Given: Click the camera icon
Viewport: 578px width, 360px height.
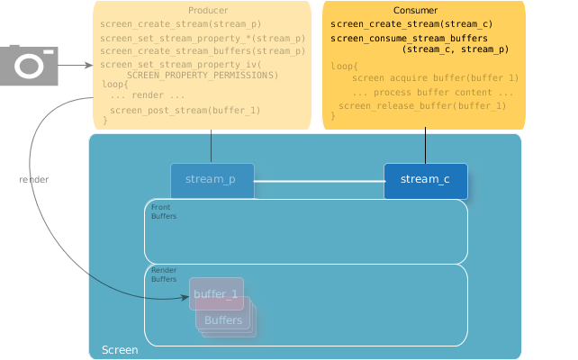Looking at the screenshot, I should (29, 66).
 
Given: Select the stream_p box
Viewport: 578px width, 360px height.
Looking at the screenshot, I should (212, 180).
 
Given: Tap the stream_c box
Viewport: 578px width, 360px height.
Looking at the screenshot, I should (425, 180).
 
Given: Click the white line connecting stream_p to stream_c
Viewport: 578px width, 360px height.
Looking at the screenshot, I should (319, 181).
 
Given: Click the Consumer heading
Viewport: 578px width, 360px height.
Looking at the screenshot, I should (423, 10).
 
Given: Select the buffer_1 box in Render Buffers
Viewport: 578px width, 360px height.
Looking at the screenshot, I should (216, 294).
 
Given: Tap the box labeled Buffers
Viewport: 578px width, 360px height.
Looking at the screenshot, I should (224, 320).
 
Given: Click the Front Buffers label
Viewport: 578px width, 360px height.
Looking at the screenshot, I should (163, 211).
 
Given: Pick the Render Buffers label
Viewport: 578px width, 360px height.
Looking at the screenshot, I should (164, 274).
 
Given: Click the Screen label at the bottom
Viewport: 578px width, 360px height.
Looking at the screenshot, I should (120, 349).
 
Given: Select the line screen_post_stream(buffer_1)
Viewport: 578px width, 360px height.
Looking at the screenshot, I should (185, 110).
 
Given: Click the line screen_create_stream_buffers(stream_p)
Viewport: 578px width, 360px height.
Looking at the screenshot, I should (203, 51).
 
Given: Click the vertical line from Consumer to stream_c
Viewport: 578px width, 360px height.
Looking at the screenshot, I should (425, 147).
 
